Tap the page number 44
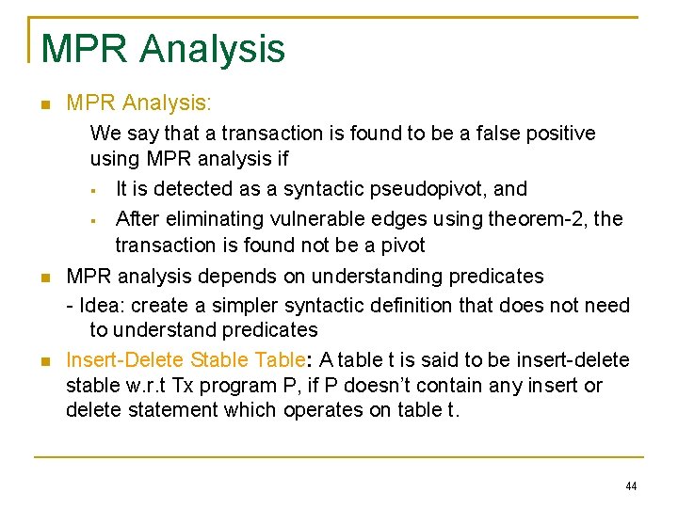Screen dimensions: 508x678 (630, 486)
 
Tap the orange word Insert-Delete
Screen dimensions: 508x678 (124, 359)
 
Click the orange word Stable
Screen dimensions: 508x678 (216, 359)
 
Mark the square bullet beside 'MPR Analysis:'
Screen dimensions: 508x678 (44, 103)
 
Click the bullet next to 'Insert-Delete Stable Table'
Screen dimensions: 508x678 (44, 361)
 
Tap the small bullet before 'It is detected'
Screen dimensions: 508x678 (94, 191)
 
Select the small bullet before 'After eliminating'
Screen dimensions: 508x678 (94, 221)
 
